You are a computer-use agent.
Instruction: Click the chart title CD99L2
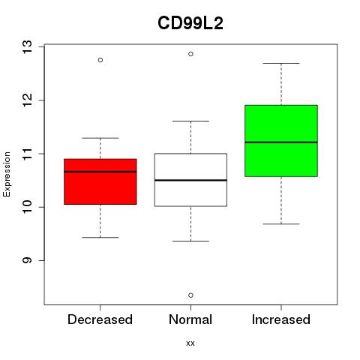190,23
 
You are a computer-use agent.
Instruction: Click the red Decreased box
100,181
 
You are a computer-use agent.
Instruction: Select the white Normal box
190,180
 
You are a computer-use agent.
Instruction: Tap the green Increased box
281,141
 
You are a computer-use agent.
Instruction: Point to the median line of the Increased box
281,142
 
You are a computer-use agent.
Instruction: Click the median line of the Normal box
190,180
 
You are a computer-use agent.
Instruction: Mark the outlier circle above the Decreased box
100,60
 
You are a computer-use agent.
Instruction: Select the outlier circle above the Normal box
190,54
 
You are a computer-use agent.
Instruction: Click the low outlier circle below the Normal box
190,295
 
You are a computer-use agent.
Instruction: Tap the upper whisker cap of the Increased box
281,63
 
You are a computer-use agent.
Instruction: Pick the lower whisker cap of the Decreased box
100,237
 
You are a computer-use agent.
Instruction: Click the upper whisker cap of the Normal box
190,121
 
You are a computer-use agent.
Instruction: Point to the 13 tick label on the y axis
28,46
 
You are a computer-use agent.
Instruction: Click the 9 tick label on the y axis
28,260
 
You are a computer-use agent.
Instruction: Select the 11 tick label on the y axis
28,154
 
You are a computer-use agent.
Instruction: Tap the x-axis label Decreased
100,319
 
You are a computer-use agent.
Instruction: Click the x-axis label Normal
190,319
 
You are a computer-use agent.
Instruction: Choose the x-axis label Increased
281,319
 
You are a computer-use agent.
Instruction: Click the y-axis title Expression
7,174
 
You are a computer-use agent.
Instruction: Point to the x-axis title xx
190,343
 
